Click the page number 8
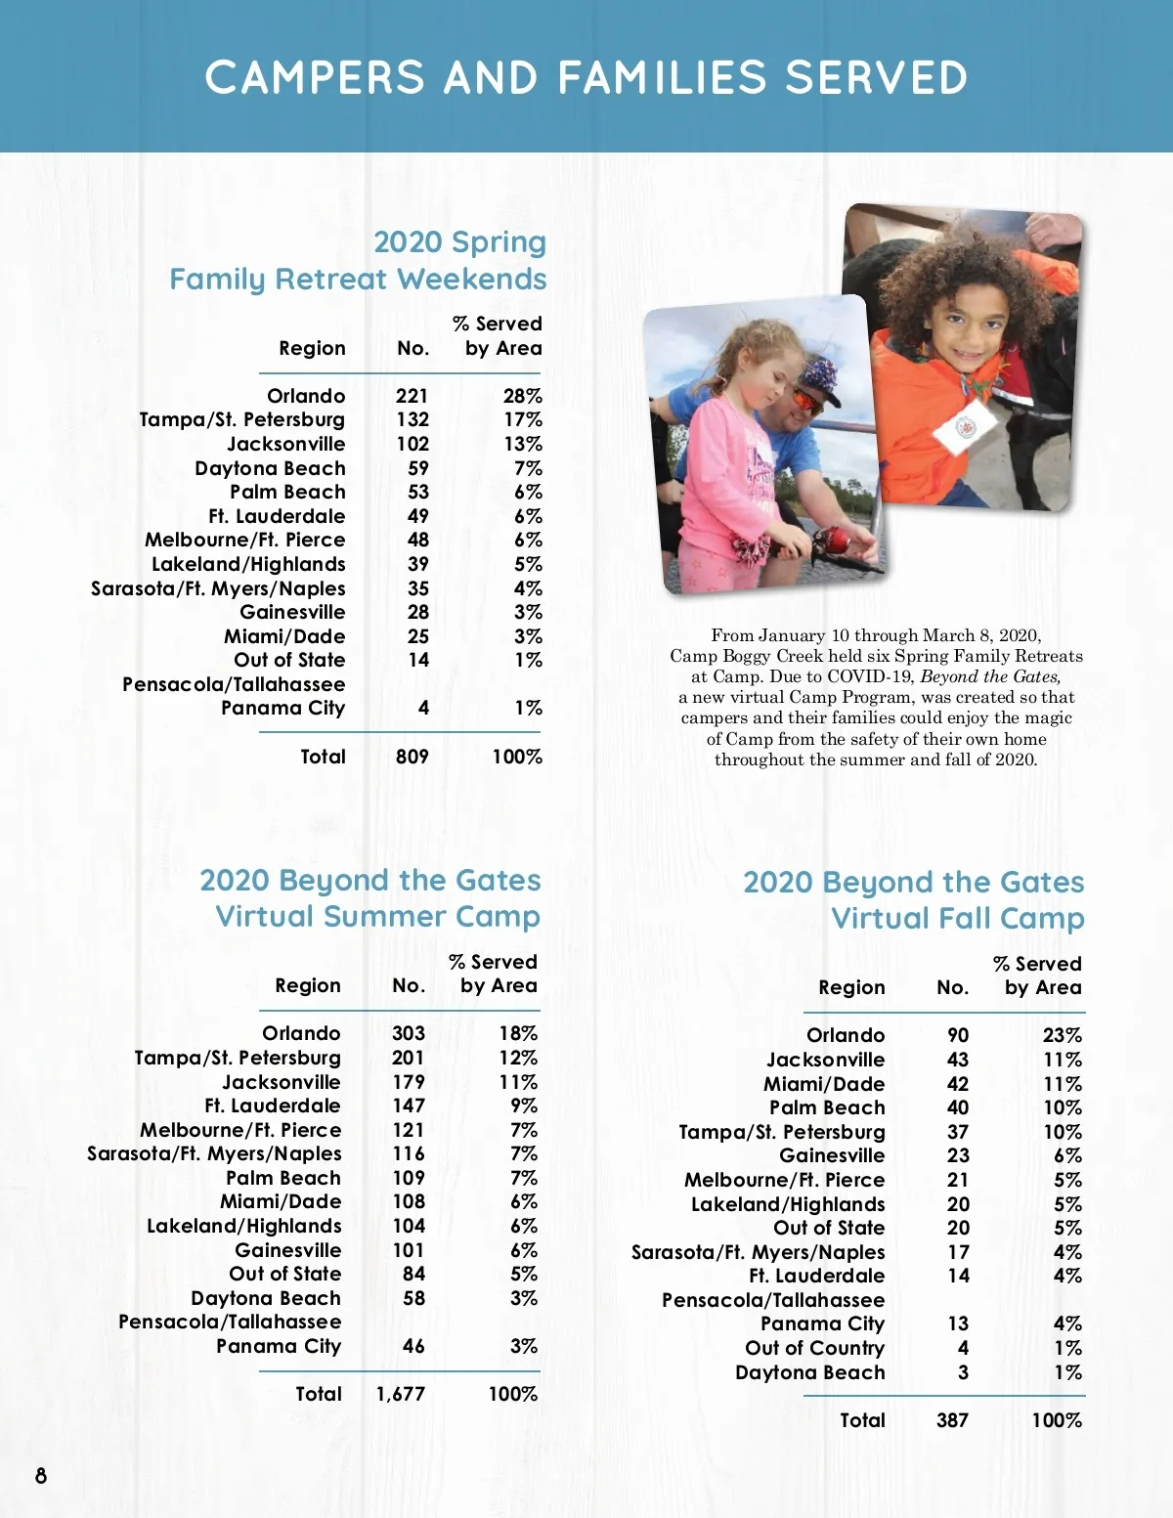(41, 1475)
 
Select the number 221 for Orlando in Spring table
(412, 396)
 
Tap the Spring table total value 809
(412, 757)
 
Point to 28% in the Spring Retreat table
(522, 396)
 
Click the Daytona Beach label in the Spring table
(270, 468)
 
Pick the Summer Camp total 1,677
(401, 1394)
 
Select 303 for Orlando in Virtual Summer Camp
(409, 1033)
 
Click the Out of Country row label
(814, 1348)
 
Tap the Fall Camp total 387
(952, 1420)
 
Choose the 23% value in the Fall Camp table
(1062, 1035)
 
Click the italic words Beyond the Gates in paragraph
(990, 676)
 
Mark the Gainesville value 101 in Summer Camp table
(409, 1250)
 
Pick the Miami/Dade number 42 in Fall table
(958, 1084)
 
